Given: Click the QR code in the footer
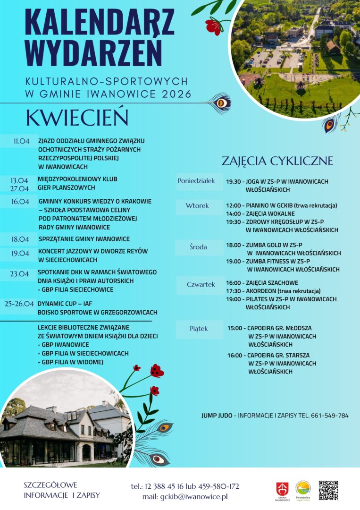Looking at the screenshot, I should (x=328, y=490).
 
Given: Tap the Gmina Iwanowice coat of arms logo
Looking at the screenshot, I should (x=282, y=490).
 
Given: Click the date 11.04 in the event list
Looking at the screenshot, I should (x=22, y=141).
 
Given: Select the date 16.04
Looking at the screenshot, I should (x=21, y=202).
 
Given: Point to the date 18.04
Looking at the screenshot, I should (x=21, y=239).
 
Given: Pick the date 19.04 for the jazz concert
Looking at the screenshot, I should (x=21, y=253).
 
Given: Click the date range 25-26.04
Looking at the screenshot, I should (x=19, y=304).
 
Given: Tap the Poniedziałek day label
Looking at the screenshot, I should (x=196, y=181).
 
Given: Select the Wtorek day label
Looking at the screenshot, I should (x=197, y=206).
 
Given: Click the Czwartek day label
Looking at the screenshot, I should (x=201, y=285).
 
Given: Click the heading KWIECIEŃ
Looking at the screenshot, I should (x=78, y=119).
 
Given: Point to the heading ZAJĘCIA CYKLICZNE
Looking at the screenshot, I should (x=277, y=161).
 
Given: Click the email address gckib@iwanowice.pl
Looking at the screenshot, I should (x=194, y=497).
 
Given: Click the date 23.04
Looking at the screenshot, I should (x=20, y=274).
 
